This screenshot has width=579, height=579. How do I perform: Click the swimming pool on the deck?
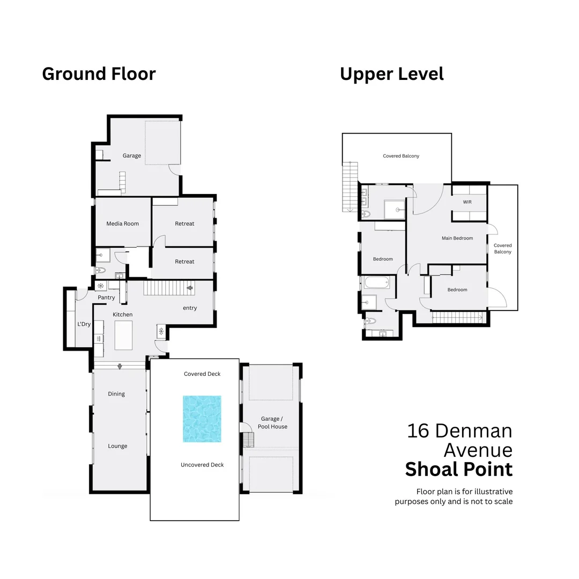click(202, 419)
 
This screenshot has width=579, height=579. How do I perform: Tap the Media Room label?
click(122, 224)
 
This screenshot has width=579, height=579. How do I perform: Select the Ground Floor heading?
click(99, 73)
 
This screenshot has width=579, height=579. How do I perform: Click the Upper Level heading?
click(391, 74)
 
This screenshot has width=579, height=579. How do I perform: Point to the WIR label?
click(467, 202)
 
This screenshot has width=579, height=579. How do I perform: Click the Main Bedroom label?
click(457, 238)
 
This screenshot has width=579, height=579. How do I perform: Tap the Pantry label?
click(106, 298)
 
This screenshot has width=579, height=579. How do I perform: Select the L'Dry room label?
click(84, 324)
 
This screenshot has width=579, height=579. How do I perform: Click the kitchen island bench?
click(123, 336)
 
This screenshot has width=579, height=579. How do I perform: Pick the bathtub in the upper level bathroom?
click(380, 282)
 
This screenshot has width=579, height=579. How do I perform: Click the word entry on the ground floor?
click(190, 308)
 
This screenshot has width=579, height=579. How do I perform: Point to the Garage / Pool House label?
click(272, 422)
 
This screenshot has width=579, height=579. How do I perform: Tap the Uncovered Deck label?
click(202, 465)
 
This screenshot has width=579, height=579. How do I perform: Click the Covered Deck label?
click(202, 374)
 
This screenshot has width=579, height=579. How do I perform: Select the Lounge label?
click(117, 446)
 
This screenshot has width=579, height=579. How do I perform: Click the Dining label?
click(116, 394)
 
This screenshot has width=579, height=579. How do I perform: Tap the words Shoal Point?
click(458, 469)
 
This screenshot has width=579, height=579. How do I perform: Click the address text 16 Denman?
click(459, 430)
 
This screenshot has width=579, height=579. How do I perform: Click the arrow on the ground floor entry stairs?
click(189, 288)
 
